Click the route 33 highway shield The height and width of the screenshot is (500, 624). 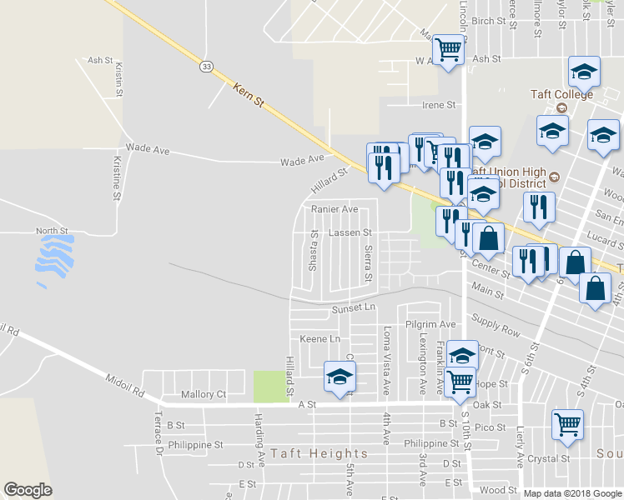pos(206,64)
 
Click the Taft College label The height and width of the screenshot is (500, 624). pos(561,94)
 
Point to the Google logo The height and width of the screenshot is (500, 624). pos(28,490)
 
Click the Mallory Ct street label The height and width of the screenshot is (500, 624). pos(204,394)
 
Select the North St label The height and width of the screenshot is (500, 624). pos(51,231)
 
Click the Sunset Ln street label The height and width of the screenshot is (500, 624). pos(355,308)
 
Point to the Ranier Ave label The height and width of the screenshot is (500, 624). pos(335,209)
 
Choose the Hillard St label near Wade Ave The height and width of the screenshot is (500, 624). pos(330,178)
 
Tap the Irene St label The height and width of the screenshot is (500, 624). pos(440,105)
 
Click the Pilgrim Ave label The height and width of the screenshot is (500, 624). pos(431,323)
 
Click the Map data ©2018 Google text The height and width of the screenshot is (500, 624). pos(571,493)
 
